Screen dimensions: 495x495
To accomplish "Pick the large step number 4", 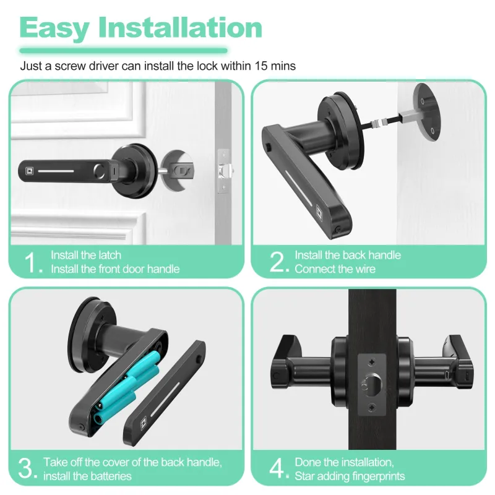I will (277, 468).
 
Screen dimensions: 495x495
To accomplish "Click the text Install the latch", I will (86, 255).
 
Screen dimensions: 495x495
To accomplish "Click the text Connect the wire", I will (335, 269).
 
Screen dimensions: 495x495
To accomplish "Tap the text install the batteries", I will (88, 476).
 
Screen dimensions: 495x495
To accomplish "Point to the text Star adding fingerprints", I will (350, 476).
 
